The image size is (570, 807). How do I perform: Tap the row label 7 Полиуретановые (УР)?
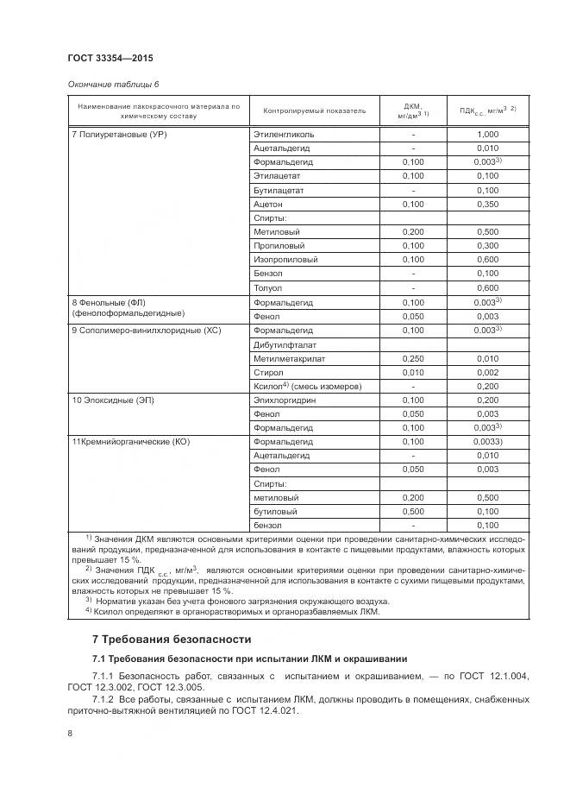coord(117,135)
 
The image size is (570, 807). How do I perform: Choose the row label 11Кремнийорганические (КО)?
coord(130,442)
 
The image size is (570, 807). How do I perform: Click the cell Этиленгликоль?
coord(284,135)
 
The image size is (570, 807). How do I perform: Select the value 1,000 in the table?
coord(487,135)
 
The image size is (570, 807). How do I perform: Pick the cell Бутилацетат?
coord(279,190)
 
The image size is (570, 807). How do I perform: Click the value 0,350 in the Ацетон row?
coord(487,204)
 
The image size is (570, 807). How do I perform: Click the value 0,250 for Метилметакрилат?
coord(413,358)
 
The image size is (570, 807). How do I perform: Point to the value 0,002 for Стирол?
coord(487,372)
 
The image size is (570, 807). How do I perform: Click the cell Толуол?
coord(268,287)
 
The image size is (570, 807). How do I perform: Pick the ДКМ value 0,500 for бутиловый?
coord(413,511)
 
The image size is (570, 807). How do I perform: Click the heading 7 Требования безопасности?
coord(172,639)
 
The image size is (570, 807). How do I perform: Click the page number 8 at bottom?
coord(70,733)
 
